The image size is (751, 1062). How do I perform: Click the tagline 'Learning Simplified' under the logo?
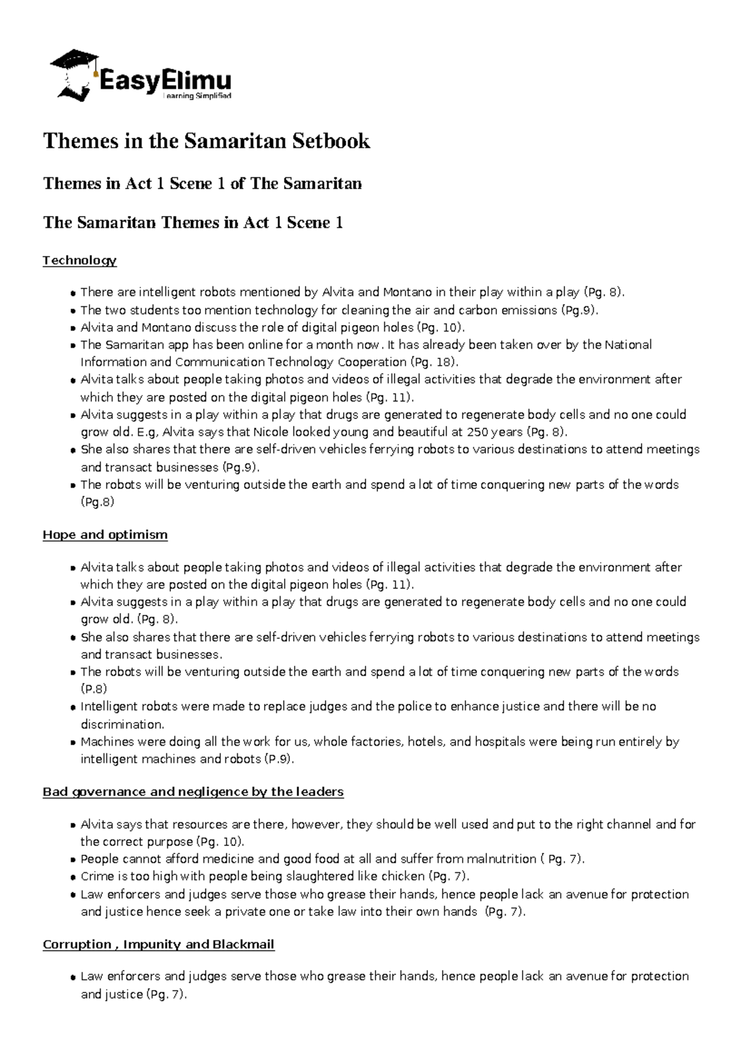click(x=197, y=96)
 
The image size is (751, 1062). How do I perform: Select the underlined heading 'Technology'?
click(x=79, y=260)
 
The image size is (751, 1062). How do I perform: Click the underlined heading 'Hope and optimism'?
click(x=105, y=535)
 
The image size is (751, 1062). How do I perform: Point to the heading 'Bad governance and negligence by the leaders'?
click(x=193, y=791)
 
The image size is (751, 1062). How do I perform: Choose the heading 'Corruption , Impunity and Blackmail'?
click(x=158, y=944)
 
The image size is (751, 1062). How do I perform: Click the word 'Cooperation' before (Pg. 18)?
click(x=372, y=362)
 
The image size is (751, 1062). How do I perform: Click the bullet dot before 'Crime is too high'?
click(x=74, y=877)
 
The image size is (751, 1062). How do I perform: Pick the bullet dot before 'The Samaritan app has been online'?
click(x=74, y=346)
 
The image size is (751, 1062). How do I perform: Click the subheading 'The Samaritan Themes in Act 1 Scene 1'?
click(x=193, y=223)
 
